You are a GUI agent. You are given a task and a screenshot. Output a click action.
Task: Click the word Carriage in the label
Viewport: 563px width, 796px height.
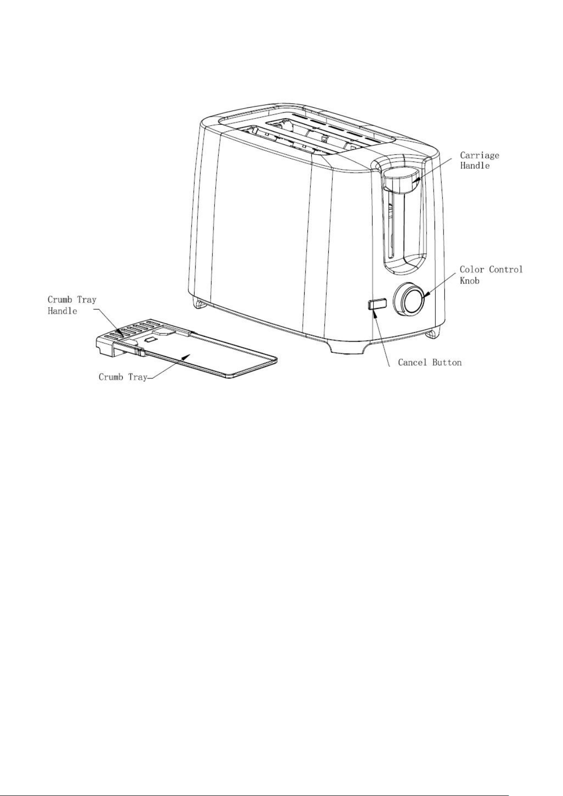click(479, 155)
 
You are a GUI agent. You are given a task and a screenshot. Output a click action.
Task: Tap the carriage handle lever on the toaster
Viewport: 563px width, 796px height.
click(400, 180)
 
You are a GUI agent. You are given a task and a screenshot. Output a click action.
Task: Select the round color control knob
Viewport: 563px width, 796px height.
click(408, 297)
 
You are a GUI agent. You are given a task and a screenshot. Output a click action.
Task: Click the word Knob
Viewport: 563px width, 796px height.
click(469, 281)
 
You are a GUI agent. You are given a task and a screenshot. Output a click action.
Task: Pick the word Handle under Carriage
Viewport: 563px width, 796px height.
click(475, 166)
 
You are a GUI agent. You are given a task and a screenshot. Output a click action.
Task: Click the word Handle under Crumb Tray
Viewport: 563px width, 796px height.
click(62, 311)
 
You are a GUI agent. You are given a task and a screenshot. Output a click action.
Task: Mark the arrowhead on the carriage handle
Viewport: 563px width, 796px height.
click(415, 184)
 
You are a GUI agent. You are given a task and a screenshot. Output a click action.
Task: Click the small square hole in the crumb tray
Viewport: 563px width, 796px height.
click(151, 340)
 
